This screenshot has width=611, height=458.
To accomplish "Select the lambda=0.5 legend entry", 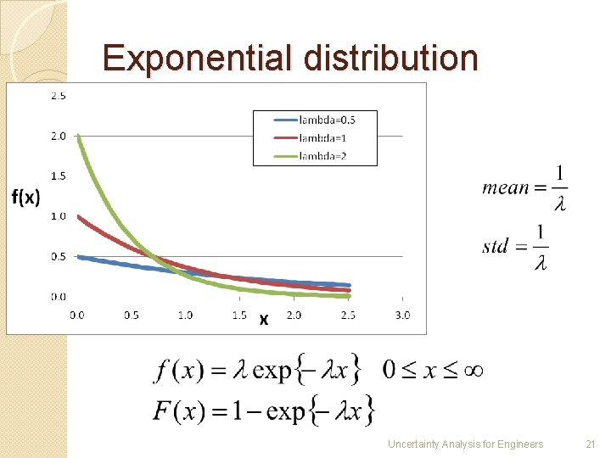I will click(327, 120).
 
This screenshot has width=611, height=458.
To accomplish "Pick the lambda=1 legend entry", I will click(322, 137).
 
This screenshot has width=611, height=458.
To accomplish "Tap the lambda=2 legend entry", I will click(322, 154).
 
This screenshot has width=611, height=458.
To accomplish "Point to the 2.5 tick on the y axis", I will click(59, 96).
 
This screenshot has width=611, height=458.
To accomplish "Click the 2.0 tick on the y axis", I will click(59, 136).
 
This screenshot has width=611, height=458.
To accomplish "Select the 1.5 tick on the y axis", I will click(59, 176).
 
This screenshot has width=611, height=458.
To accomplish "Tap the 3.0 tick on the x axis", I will click(402, 316).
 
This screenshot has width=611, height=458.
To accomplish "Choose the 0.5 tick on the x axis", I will click(131, 316).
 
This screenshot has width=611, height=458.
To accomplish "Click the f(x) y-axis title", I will click(25, 197).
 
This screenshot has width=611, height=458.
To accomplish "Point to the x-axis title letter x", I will click(264, 320).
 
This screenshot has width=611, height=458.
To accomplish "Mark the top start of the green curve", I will click(77, 137).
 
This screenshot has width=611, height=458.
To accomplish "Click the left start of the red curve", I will click(78, 216).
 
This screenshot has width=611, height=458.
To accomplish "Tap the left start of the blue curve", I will click(78, 256).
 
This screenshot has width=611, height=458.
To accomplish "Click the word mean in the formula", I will click(505, 187).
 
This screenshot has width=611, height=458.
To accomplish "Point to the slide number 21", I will click(591, 444).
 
